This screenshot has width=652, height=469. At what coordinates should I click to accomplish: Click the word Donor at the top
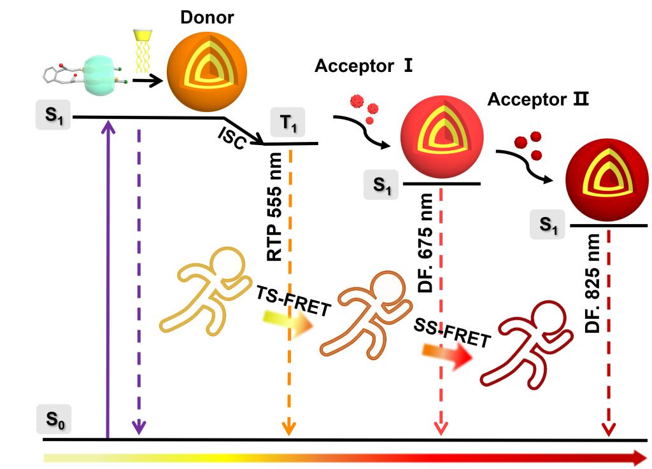pos(207,17)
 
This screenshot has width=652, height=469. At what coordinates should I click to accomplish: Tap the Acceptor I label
pos(364,66)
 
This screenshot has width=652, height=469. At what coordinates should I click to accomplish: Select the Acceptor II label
pos(538,99)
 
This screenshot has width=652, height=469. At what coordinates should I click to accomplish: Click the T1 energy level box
pos(288,122)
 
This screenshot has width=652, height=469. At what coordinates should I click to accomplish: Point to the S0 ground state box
pos(53,419)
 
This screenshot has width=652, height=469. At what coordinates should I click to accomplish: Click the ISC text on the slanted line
pos(232,138)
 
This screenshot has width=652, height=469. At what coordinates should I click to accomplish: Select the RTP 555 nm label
pos(274,206)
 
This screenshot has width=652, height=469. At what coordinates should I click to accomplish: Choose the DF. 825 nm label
pos(592,283)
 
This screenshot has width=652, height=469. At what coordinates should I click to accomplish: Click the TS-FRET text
pos(293,301)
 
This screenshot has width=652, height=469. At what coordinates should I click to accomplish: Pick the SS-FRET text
pos(453,332)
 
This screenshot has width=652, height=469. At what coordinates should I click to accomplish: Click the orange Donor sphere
pos(207,71)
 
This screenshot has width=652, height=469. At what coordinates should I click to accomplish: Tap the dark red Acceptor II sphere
pos(607,179)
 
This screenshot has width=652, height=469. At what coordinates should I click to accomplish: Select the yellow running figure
pos(206,291)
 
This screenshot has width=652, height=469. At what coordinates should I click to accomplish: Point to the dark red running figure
pos(527,345)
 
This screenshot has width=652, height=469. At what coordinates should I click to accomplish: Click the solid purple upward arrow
pos(108,278)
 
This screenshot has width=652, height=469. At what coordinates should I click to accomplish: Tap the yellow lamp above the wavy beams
pos(143,35)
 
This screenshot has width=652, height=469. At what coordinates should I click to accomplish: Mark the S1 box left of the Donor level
pos(53,115)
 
